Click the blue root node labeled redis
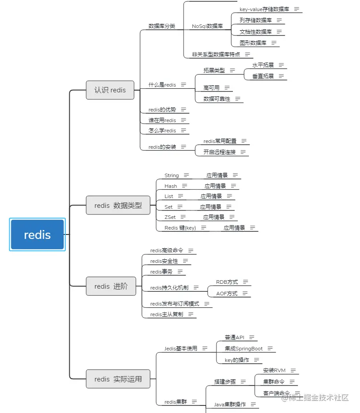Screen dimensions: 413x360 (37, 234)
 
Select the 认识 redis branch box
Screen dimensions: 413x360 (110, 90)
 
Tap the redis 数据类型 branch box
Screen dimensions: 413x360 (118, 206)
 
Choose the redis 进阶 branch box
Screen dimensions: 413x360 (111, 286)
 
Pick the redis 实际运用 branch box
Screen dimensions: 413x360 (118, 379)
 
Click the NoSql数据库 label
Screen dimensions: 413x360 (207, 26)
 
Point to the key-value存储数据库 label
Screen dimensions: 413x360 (264, 9)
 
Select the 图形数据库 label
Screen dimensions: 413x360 (253, 43)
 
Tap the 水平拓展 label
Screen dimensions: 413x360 (263, 65)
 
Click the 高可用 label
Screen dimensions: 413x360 (212, 88)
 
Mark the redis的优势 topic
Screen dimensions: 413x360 (162, 110)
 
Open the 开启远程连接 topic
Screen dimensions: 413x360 (220, 152)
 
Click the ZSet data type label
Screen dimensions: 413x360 (170, 217)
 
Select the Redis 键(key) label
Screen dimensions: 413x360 (180, 228)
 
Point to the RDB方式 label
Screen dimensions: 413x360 (227, 282)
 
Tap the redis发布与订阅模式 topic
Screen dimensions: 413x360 (175, 304)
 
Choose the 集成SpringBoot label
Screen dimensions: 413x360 (244, 349)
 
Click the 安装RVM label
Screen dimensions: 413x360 (274, 370)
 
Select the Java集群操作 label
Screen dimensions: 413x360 (230, 405)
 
